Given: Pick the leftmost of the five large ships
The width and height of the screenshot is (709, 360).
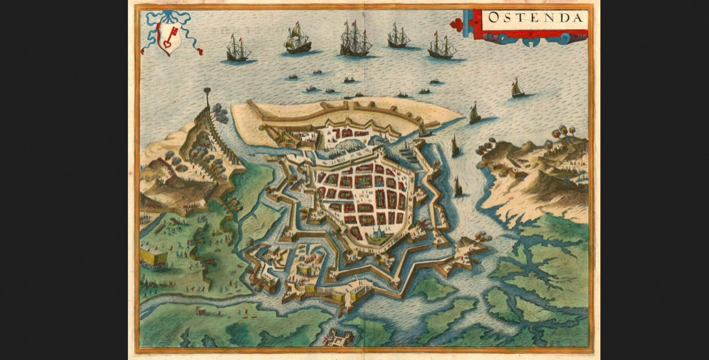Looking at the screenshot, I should [x=237, y=49].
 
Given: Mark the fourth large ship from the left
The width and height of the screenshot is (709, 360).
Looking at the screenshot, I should [x=398, y=36].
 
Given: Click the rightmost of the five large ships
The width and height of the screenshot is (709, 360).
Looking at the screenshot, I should [x=441, y=46].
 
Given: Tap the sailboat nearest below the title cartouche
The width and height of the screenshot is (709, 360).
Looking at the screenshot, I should [x=517, y=88].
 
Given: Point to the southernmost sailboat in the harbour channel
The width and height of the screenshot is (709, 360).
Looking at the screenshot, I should [x=458, y=186].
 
